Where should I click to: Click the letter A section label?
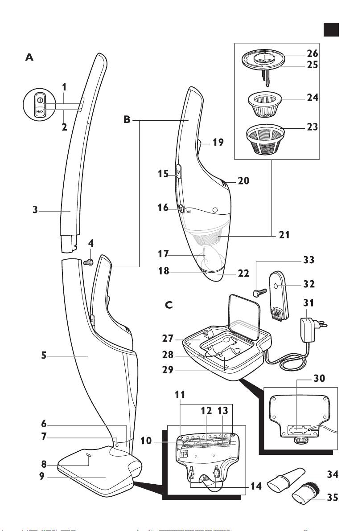click(29, 57)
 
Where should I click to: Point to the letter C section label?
click(169, 306)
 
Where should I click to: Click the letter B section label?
click(127, 120)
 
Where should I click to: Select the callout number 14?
click(256, 486)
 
